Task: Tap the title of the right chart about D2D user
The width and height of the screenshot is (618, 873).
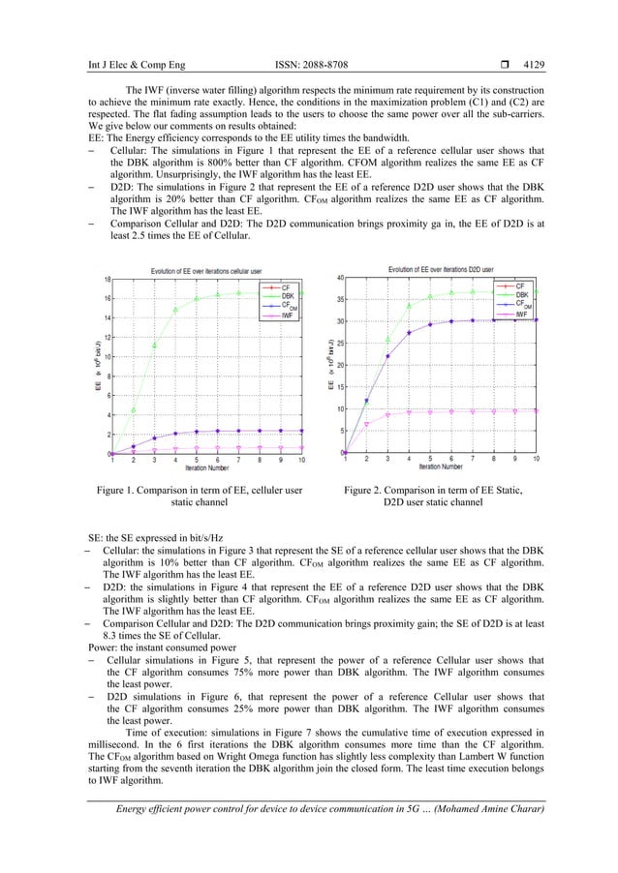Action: pyautogui.click(x=441, y=269)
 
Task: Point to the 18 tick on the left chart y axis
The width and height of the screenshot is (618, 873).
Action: pyautogui.click(x=110, y=279)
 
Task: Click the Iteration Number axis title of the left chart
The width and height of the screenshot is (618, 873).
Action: pyautogui.click(x=212, y=469)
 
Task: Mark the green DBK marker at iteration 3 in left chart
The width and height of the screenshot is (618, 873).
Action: pyautogui.click(x=155, y=345)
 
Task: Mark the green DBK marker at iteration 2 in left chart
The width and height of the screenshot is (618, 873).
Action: pyautogui.click(x=134, y=409)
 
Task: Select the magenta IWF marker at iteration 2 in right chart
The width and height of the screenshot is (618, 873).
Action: pyautogui.click(x=366, y=425)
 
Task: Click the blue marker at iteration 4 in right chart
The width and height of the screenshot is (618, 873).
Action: pyautogui.click(x=409, y=333)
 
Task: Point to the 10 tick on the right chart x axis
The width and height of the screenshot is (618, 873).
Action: pyautogui.click(x=536, y=459)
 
